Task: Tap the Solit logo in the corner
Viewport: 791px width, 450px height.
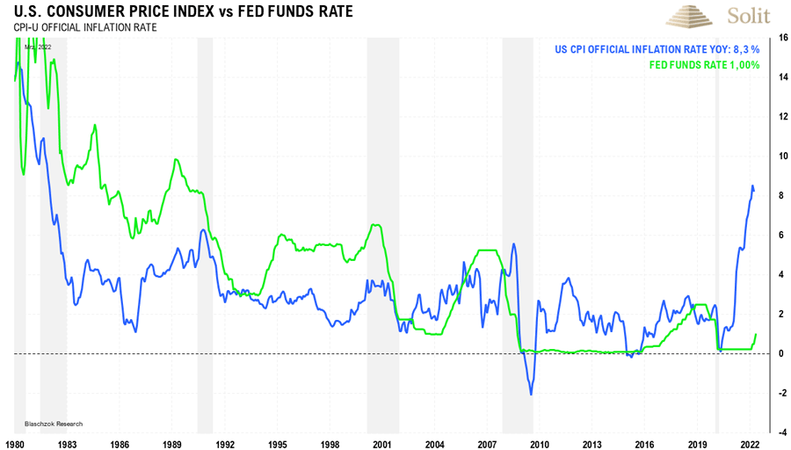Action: pyautogui.click(x=718, y=17)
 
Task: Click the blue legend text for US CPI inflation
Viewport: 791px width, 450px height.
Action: pyautogui.click(x=657, y=50)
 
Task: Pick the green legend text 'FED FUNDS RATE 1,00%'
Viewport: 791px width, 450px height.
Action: pyautogui.click(x=704, y=65)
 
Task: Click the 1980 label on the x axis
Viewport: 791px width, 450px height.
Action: pyautogui.click(x=16, y=444)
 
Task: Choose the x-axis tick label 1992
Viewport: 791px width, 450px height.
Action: pyautogui.click(x=225, y=444)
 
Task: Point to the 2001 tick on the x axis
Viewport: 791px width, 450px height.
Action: pyautogui.click(x=381, y=444)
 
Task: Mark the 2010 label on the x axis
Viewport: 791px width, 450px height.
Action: pyautogui.click(x=539, y=444)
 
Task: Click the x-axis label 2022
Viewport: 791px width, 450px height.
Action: pyautogui.click(x=748, y=444)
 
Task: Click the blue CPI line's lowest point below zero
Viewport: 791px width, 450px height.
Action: pyautogui.click(x=531, y=394)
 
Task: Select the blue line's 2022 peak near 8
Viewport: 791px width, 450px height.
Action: pyautogui.click(x=752, y=186)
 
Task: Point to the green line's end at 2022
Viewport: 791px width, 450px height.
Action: pyautogui.click(x=756, y=334)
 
